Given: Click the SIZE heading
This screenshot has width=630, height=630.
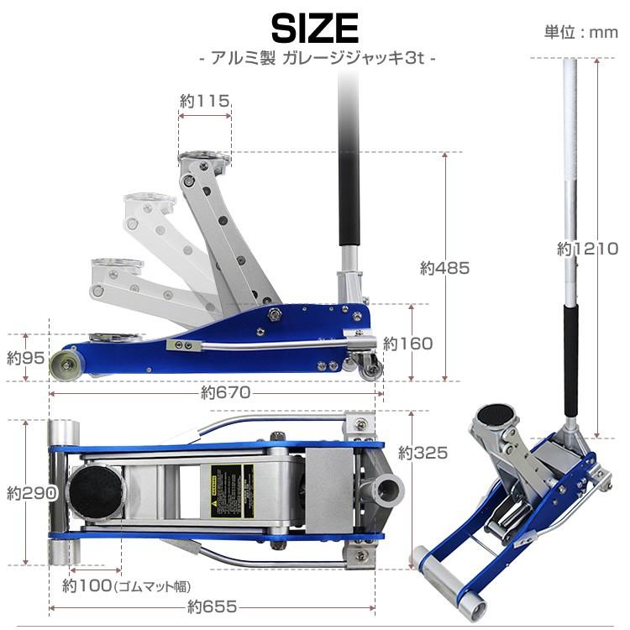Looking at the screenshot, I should [315, 29].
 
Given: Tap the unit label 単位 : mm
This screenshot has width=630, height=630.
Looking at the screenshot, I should [579, 33].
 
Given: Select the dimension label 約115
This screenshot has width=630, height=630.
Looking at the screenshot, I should [204, 101].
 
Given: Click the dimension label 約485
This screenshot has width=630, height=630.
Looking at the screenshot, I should [444, 268].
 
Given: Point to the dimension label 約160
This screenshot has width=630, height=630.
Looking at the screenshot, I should [407, 343].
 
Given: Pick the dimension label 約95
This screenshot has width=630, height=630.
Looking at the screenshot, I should [24, 357].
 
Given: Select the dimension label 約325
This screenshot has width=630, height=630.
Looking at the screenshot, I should [423, 453].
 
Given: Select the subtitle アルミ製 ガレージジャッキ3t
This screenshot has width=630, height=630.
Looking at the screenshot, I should [315, 60].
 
